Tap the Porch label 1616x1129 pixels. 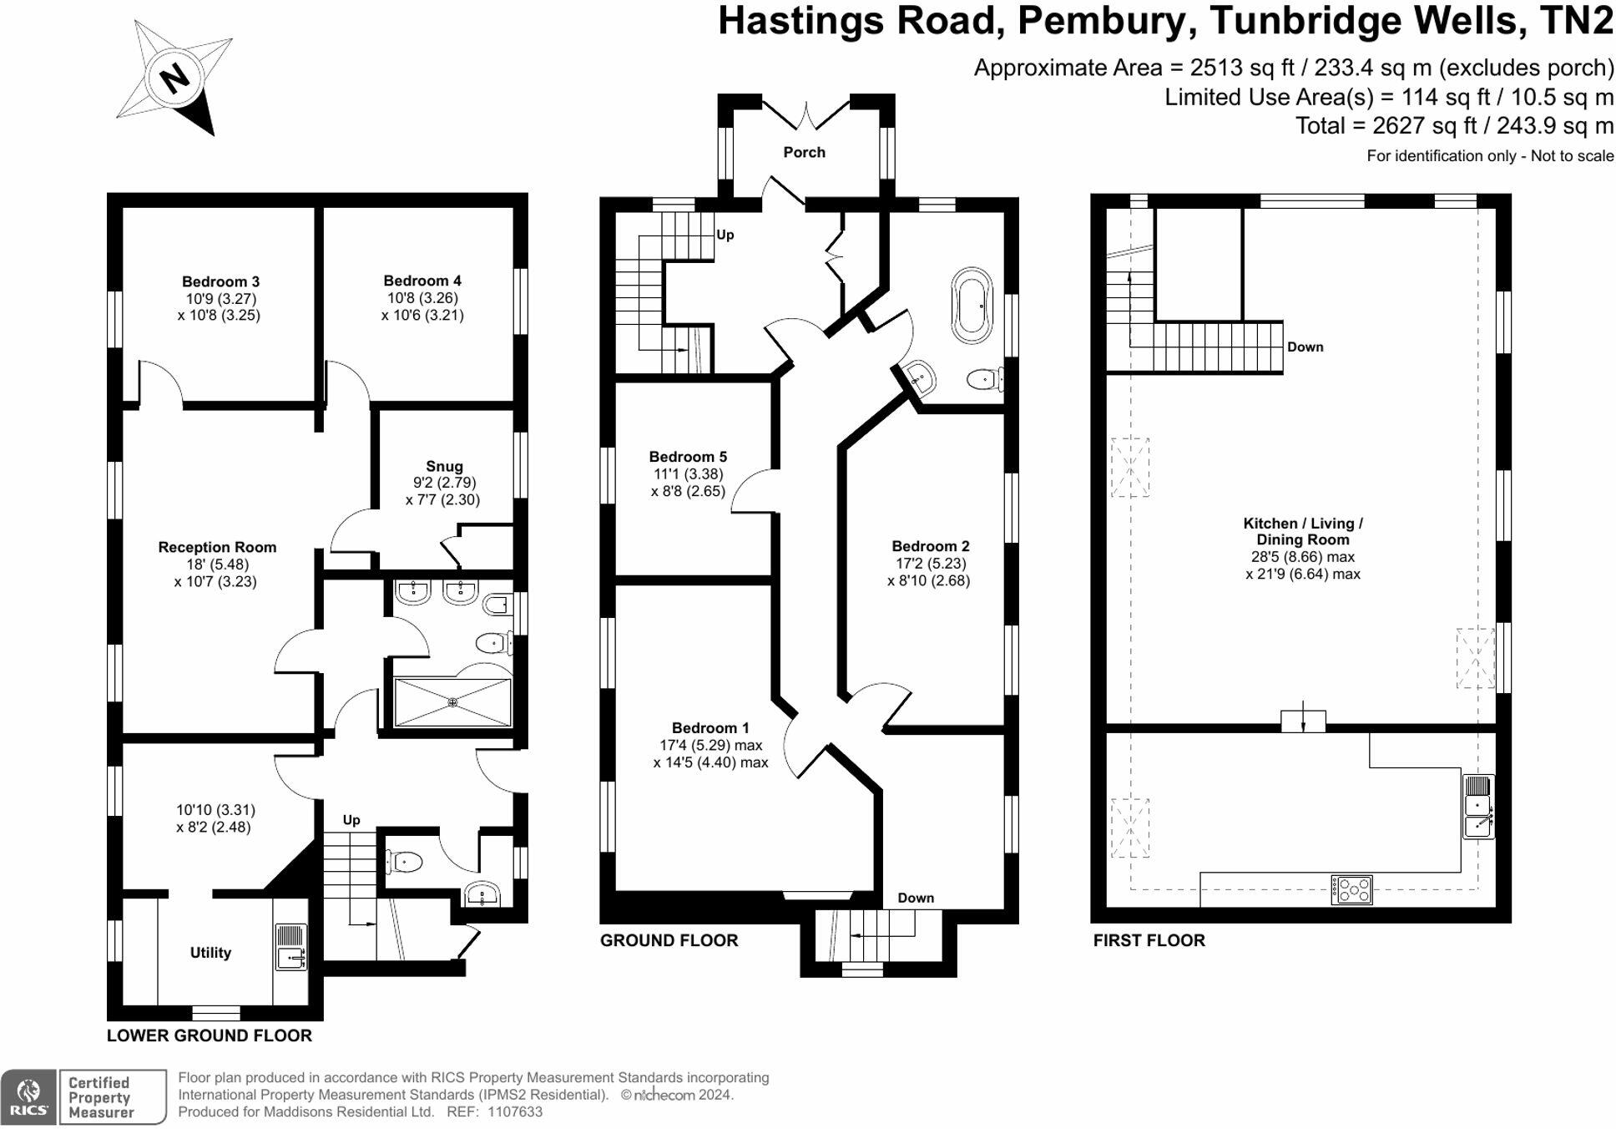pos(804,152)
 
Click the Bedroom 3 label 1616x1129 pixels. pos(220,281)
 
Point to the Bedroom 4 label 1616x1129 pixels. pos(422,281)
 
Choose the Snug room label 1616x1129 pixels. pos(444,466)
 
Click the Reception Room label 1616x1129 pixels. pos(217,547)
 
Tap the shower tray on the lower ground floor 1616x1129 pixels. pos(452,702)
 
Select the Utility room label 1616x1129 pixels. pos(210,952)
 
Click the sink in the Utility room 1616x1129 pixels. pos(290,948)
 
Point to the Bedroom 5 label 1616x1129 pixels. pos(688,457)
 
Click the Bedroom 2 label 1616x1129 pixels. pos(930,546)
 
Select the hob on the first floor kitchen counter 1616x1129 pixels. pos(1351,889)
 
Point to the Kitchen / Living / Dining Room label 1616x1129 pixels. pos(1302,531)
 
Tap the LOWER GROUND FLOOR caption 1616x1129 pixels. pos(209,1035)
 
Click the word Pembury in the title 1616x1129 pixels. pos(1101,20)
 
